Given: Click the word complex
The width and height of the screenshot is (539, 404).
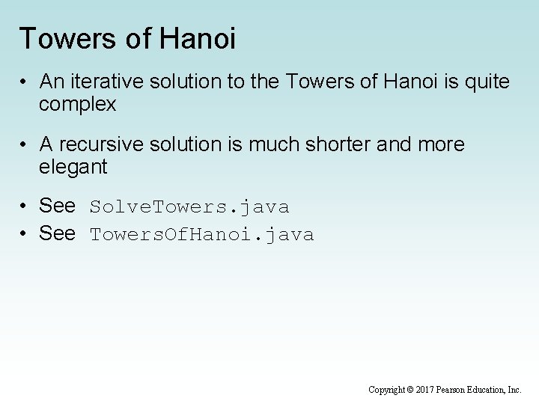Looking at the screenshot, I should coord(78,104).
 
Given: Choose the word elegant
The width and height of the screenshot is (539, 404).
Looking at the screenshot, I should coord(73,167).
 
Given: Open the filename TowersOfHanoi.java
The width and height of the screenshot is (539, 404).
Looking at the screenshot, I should coord(202,235).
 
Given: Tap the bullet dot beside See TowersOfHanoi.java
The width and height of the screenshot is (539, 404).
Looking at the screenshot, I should coord(25,235).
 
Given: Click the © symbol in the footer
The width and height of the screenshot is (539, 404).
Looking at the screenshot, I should coord(411,390).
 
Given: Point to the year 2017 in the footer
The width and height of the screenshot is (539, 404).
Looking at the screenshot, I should coord(424,390).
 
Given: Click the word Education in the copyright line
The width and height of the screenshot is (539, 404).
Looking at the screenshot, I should coord(487,390).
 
